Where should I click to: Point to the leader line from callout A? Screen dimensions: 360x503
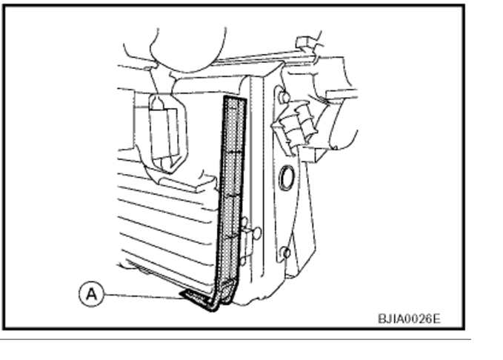141,295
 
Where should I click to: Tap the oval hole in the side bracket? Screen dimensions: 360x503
286,177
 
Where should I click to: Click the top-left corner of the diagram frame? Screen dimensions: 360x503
7,7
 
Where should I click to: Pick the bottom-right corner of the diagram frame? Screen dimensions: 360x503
464,328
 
